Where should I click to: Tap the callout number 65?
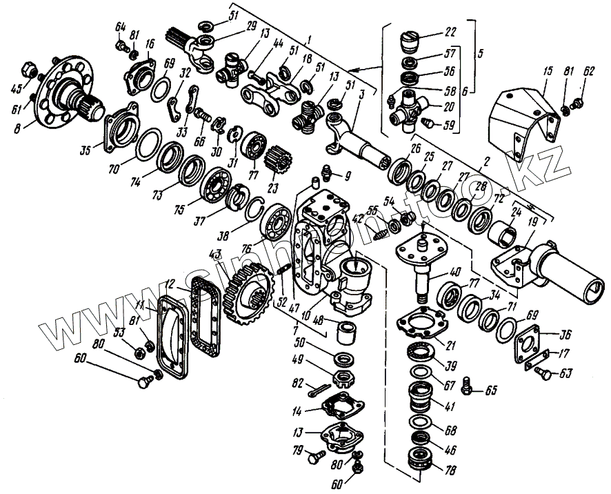pos(491,391)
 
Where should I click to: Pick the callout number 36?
pos(565,337)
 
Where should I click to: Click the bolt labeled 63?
pos(545,373)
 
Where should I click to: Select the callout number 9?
pos(349,175)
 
